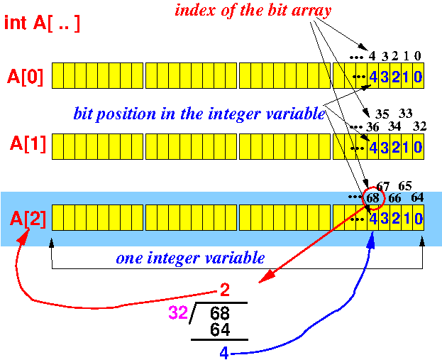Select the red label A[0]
26,76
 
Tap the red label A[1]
26,145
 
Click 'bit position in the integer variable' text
199,114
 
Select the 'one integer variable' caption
190,258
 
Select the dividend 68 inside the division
220,314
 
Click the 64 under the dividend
220,330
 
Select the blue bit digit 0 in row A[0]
418,76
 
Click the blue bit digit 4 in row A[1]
374,147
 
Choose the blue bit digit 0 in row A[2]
418,218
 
